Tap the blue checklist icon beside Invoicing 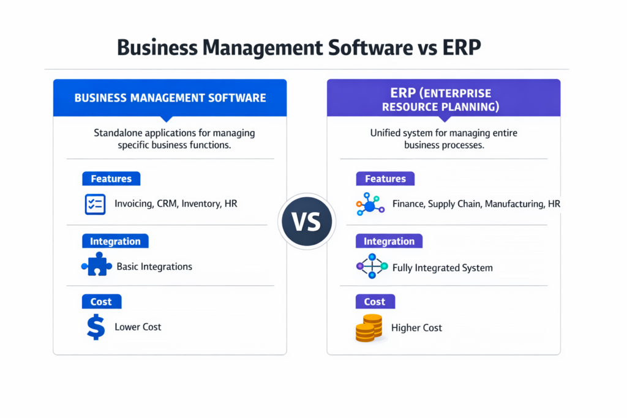pyautogui.click(x=95, y=204)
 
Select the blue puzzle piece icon pyautogui.click(x=96, y=266)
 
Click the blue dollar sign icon pyautogui.click(x=96, y=326)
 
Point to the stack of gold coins pyautogui.click(x=369, y=327)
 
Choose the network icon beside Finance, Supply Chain pyautogui.click(x=370, y=204)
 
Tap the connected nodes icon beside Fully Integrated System pyautogui.click(x=372, y=267)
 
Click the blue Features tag pyautogui.click(x=111, y=179)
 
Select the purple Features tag pyautogui.click(x=385, y=179)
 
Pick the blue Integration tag pyautogui.click(x=115, y=241)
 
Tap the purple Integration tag pyautogui.click(x=389, y=241)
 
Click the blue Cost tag pyautogui.click(x=101, y=301)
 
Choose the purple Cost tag pyautogui.click(x=375, y=301)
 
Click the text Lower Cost pyautogui.click(x=138, y=327)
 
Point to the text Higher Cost pyautogui.click(x=416, y=328)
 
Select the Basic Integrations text pyautogui.click(x=154, y=266)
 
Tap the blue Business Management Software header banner pyautogui.click(x=170, y=98)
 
